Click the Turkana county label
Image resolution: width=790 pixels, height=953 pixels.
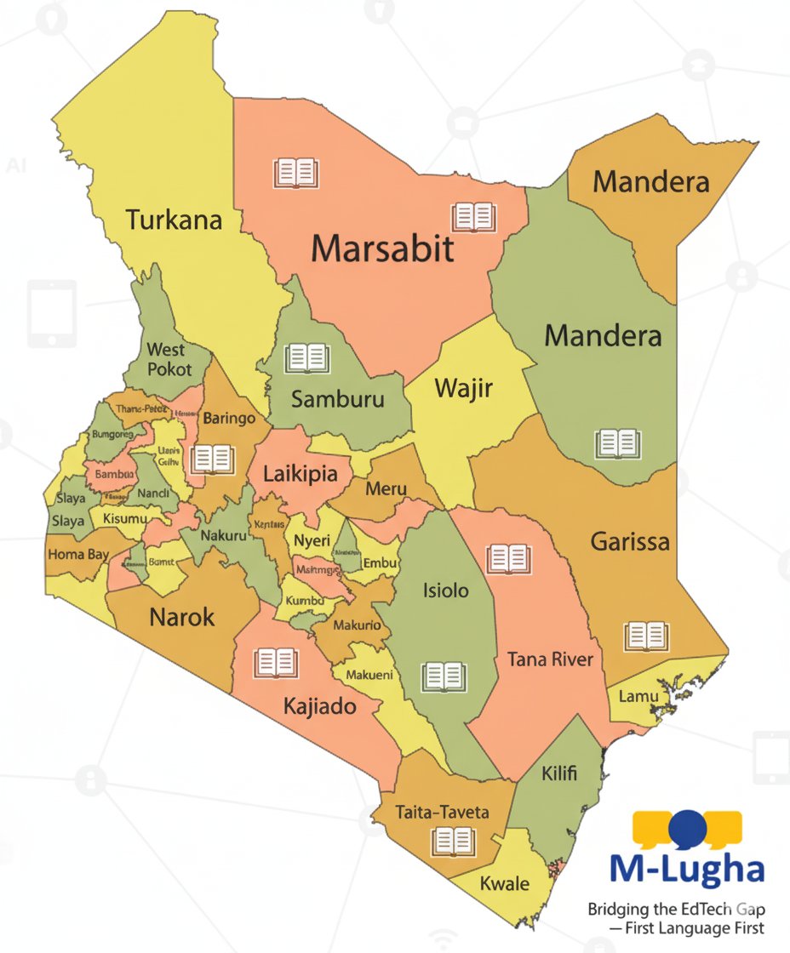pyautogui.click(x=175, y=220)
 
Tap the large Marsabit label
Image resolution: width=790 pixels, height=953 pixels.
pyautogui.click(x=382, y=249)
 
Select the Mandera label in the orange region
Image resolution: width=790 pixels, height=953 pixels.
pyautogui.click(x=651, y=181)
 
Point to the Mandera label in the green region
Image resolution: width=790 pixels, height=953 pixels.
pyautogui.click(x=603, y=335)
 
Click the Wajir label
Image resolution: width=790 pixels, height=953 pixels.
pyautogui.click(x=463, y=390)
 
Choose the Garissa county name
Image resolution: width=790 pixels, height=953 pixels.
pyautogui.click(x=630, y=541)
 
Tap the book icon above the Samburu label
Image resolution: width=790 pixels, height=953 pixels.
pyautogui.click(x=306, y=358)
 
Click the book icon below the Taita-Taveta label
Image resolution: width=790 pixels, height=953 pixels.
pyautogui.click(x=452, y=842)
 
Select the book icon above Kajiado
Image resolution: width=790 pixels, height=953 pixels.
pyautogui.click(x=276, y=663)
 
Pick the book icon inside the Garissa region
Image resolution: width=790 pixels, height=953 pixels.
pyautogui.click(x=646, y=636)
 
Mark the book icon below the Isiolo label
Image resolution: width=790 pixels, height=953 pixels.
pyautogui.click(x=444, y=676)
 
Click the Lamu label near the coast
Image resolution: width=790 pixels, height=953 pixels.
pyautogui.click(x=638, y=697)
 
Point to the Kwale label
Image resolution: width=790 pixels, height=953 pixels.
pyautogui.click(x=505, y=883)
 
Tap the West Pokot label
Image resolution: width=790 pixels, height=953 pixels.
pyautogui.click(x=166, y=359)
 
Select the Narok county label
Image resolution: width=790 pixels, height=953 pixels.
pyautogui.click(x=182, y=617)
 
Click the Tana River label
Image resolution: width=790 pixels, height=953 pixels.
pyautogui.click(x=550, y=659)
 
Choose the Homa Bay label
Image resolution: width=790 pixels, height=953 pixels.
pyautogui.click(x=77, y=554)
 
